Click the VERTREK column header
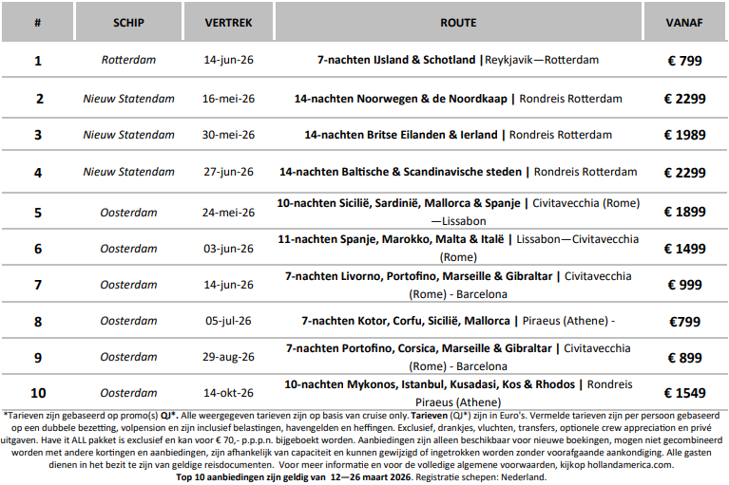pyautogui.click(x=228, y=23)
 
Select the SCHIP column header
pyautogui.click(x=128, y=23)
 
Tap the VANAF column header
pyautogui.click(x=683, y=23)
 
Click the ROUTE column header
pyautogui.click(x=458, y=23)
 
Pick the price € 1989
pyautogui.click(x=683, y=135)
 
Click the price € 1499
pyautogui.click(x=683, y=249)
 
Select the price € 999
pyautogui.click(x=683, y=285)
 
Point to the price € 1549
pyautogui.click(x=683, y=393)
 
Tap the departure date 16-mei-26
pyautogui.click(x=228, y=98)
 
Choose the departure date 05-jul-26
pyautogui.click(x=228, y=321)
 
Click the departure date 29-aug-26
pyautogui.click(x=228, y=357)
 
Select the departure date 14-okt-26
pyautogui.click(x=228, y=393)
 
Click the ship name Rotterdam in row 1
pyautogui.click(x=128, y=60)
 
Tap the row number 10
pyautogui.click(x=38, y=393)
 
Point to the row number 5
pyautogui.click(x=38, y=213)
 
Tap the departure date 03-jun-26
pyautogui.click(x=228, y=249)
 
